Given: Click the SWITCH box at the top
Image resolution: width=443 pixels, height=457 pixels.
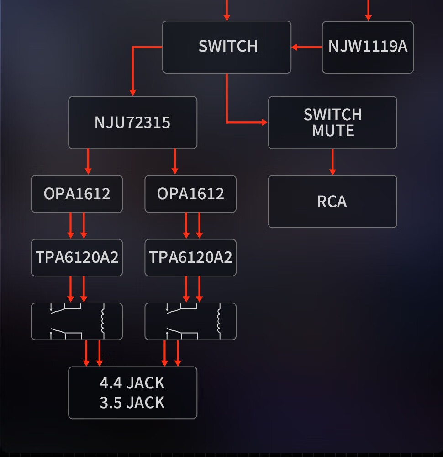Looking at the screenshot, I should (x=227, y=47).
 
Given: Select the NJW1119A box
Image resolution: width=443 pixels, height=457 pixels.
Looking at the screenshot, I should (x=368, y=47).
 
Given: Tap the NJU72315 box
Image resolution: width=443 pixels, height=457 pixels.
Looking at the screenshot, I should (x=132, y=122).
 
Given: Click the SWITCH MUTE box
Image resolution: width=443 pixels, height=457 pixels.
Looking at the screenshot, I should (x=332, y=122).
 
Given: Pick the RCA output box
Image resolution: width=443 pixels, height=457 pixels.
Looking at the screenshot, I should (x=332, y=202).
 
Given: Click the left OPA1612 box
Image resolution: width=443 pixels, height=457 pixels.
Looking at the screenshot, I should (x=77, y=194).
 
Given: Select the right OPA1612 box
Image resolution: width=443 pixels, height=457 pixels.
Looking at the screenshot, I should (x=190, y=194).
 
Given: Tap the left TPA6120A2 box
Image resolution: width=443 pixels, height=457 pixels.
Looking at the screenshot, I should (x=77, y=257).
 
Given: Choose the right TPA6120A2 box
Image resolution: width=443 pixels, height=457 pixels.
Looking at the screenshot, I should (x=190, y=257).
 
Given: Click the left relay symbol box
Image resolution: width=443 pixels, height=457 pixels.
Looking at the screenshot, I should (x=77, y=321).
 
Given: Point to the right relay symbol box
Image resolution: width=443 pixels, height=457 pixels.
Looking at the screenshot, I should (x=190, y=321).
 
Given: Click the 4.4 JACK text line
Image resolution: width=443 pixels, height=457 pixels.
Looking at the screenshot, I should (x=132, y=383).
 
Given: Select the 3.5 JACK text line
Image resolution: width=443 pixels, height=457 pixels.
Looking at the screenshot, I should (x=132, y=403).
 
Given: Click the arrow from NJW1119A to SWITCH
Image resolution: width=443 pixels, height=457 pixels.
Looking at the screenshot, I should (x=306, y=47).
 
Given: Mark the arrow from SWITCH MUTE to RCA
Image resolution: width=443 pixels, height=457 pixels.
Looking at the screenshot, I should (x=332, y=162).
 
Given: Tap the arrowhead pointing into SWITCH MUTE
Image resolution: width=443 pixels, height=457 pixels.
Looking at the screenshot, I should (x=264, y=122).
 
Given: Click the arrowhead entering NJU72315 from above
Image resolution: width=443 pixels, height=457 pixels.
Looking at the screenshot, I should (x=133, y=92).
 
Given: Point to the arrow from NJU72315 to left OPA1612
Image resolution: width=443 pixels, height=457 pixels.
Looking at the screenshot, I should (x=88, y=162).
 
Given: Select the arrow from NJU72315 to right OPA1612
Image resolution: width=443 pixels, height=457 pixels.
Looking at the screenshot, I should (x=174, y=162).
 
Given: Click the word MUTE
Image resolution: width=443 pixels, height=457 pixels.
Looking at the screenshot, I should (x=333, y=131).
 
